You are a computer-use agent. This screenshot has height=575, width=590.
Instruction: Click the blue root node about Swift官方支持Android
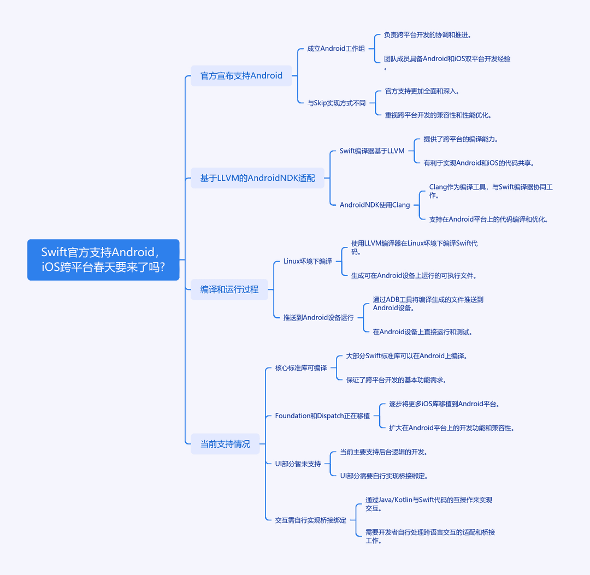coord(103,259)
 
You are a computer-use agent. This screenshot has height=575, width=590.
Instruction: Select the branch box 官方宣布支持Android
coord(241,75)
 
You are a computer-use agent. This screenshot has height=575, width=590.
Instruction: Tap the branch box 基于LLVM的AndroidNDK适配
coord(257,178)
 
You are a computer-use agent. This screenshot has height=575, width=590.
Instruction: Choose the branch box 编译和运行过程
coord(229,289)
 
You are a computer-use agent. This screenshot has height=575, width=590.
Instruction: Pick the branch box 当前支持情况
coord(225,444)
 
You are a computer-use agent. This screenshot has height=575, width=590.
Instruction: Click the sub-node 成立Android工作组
coord(336,49)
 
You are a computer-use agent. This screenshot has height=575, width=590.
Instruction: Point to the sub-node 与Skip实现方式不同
coord(337,103)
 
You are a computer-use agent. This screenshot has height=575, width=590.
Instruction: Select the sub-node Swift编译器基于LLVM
coord(372,151)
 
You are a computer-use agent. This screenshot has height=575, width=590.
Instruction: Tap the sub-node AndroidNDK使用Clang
coord(375,205)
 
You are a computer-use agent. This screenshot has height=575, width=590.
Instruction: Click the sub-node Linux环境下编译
coord(308,262)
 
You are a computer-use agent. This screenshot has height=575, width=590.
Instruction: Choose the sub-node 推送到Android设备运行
coord(318,318)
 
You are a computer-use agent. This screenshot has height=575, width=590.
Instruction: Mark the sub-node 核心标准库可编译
coord(301,368)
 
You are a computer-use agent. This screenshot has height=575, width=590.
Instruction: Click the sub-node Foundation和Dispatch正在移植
coord(322,416)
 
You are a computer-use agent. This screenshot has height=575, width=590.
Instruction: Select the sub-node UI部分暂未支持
coord(298,464)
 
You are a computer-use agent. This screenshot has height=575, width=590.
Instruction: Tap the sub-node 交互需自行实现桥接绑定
coord(310,520)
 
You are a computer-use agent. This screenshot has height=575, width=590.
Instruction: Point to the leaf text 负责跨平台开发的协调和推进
coord(427,35)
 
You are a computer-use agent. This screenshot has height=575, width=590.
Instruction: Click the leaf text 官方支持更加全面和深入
coord(422,91)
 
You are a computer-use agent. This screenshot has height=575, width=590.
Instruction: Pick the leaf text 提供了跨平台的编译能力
coord(461,139)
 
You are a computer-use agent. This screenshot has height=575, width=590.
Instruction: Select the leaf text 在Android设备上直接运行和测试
coord(422,331)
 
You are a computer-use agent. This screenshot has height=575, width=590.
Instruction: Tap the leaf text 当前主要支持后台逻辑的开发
coord(384,452)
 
